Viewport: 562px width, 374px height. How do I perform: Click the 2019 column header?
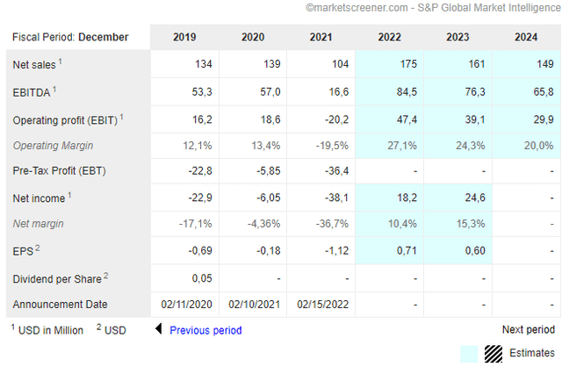click(184, 37)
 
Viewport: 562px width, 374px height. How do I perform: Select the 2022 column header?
click(390, 37)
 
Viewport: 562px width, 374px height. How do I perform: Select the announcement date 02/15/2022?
click(322, 305)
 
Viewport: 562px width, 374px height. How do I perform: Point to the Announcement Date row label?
click(60, 305)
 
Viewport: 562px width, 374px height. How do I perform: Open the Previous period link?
click(205, 330)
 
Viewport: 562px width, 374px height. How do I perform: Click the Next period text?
click(528, 330)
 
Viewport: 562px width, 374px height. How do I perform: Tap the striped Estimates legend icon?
click(494, 353)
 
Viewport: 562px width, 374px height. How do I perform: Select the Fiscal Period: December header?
click(70, 37)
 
